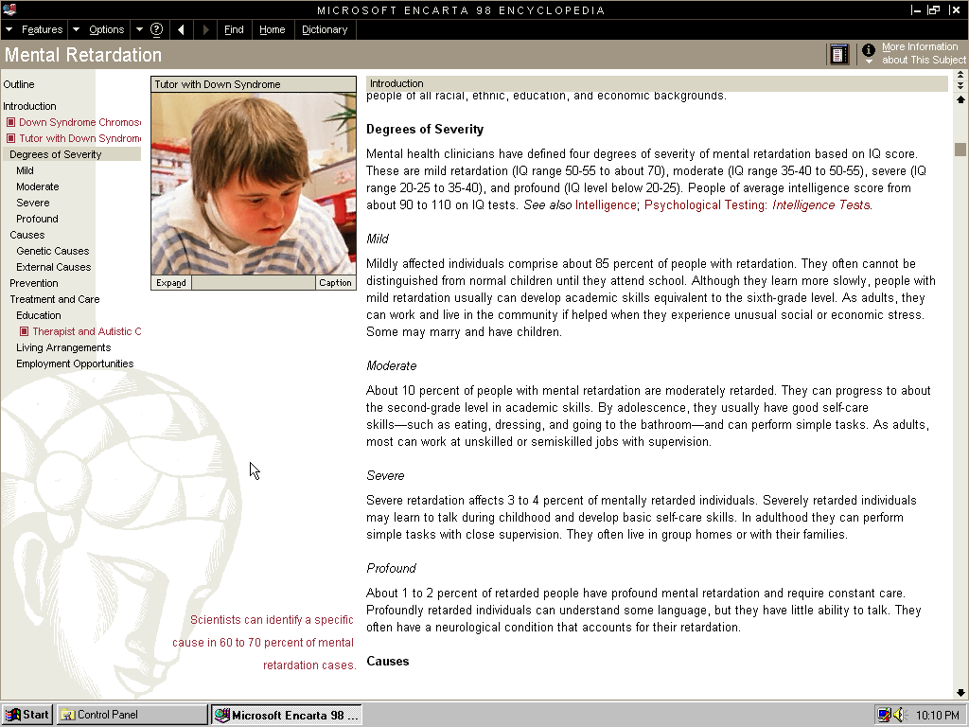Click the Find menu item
click(x=234, y=29)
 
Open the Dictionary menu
click(x=325, y=29)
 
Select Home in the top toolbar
click(x=272, y=29)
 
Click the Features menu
click(x=42, y=29)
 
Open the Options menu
click(x=106, y=29)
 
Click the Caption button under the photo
click(x=335, y=282)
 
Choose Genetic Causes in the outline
click(x=52, y=251)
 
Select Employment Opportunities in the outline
click(x=75, y=363)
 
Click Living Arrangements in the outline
click(x=63, y=347)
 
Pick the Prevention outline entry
click(x=34, y=283)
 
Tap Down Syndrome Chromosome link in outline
click(x=79, y=122)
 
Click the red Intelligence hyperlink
click(x=606, y=204)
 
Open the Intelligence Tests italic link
click(x=820, y=204)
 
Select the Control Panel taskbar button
click(x=131, y=715)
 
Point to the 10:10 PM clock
click(x=937, y=716)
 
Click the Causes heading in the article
click(x=388, y=661)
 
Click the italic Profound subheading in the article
click(x=392, y=568)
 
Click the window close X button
click(x=956, y=10)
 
